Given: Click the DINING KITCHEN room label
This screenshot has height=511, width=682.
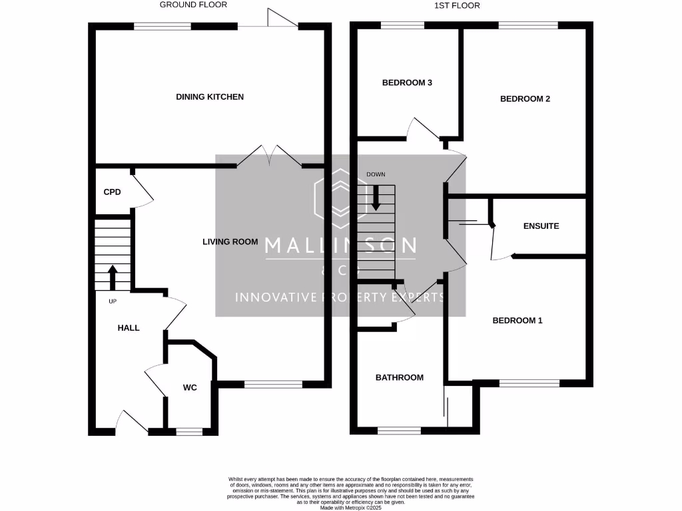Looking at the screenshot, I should point(210,97).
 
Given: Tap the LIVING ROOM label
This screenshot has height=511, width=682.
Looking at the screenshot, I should point(230,242).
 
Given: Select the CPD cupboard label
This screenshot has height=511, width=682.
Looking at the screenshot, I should point(112,192).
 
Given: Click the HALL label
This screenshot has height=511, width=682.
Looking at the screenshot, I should point(129,328).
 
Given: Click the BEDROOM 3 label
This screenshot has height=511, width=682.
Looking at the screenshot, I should point(407,83).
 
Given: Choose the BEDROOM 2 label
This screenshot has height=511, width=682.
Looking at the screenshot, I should point(525,99).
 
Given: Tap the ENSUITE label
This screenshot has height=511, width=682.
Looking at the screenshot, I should point(541,226).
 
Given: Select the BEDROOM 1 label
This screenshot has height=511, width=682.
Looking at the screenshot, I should point(517,321).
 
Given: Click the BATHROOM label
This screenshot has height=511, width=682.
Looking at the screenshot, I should point(400,378).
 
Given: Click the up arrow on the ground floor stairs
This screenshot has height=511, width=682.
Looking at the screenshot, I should point(112,277).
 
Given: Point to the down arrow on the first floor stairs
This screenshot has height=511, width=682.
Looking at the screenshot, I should point(376,198).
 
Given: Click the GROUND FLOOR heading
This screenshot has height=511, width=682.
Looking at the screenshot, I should point(193,5).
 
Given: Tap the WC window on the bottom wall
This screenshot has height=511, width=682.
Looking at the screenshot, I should point(189,432).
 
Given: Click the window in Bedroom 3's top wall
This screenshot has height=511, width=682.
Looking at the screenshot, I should point(402,26).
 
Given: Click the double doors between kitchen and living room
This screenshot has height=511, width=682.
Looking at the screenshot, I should point(269,156).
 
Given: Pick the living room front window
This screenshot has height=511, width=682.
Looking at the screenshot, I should point(274,384).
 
